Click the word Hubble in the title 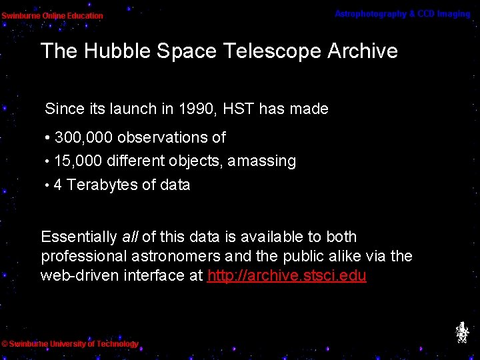click(x=108, y=51)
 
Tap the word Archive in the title click(x=363, y=51)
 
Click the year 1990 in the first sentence click(x=191, y=109)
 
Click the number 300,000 click(x=84, y=138)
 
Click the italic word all click(x=129, y=237)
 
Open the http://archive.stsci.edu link click(x=287, y=276)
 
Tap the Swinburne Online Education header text click(x=52, y=15)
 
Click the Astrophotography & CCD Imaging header click(x=402, y=14)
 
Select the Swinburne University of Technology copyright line click(x=70, y=344)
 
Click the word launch click(x=114, y=109)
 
